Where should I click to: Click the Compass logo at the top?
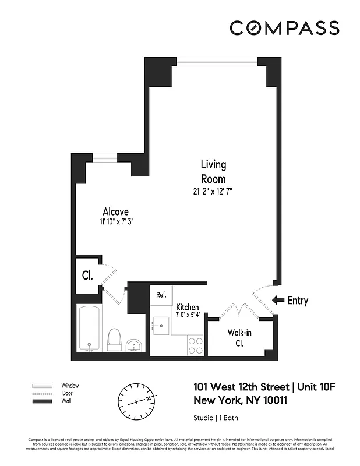[284, 27]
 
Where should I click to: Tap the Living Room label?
[213, 171]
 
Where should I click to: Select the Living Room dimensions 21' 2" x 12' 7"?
[213, 190]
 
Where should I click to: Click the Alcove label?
[115, 211]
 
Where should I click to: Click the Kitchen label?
[188, 307]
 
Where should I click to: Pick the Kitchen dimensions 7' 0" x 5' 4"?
[188, 315]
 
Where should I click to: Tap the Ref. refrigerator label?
[161, 295]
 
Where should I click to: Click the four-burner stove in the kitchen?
[195, 345]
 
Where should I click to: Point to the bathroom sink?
[134, 345]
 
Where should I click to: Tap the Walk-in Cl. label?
[239, 338]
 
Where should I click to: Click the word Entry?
[298, 301]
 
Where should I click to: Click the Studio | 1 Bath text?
[215, 418]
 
